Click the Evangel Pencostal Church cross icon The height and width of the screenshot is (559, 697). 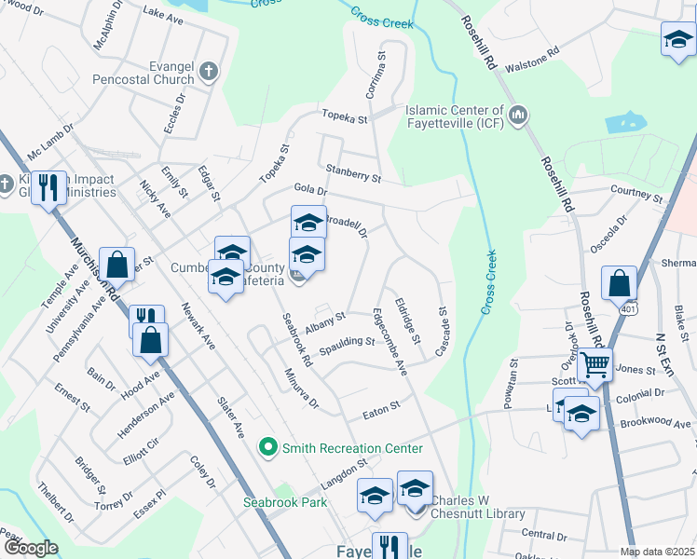pos(210,70)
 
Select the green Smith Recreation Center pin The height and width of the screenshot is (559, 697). pos(268,448)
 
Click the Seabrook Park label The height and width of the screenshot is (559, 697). pos(285,501)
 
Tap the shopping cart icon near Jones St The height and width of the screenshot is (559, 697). pos(594,365)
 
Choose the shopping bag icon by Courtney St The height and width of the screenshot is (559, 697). pos(619,281)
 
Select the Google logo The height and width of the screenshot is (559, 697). pos(30,549)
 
